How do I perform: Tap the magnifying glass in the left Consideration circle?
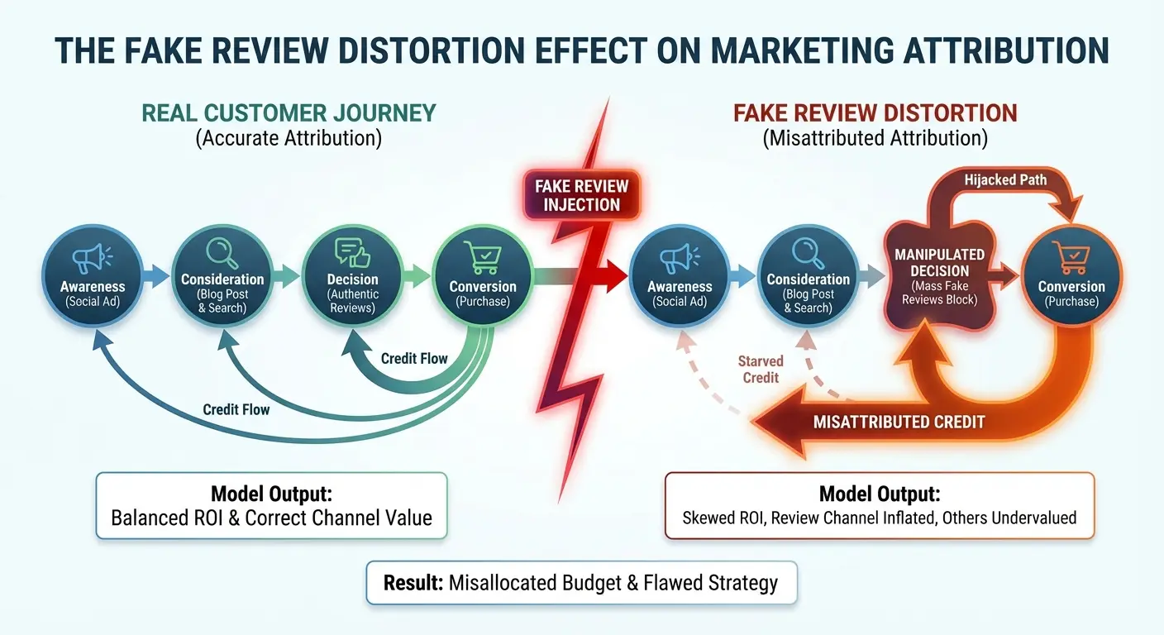(x=222, y=252)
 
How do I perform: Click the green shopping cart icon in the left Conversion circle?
(x=483, y=259)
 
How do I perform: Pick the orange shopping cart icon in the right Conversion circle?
(x=1072, y=259)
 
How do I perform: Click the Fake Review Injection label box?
(x=581, y=195)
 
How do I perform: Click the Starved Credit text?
(x=761, y=370)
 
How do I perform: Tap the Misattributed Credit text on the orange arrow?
(x=899, y=422)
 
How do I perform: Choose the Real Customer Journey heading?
(x=289, y=112)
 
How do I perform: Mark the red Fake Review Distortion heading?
(x=875, y=112)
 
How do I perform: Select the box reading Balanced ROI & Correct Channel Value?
(x=271, y=506)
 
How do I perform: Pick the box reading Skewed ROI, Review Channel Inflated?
(x=879, y=506)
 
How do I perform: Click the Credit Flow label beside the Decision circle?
(x=414, y=358)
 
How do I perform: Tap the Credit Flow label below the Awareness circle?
(x=236, y=409)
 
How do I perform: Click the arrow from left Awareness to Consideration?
(x=155, y=275)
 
